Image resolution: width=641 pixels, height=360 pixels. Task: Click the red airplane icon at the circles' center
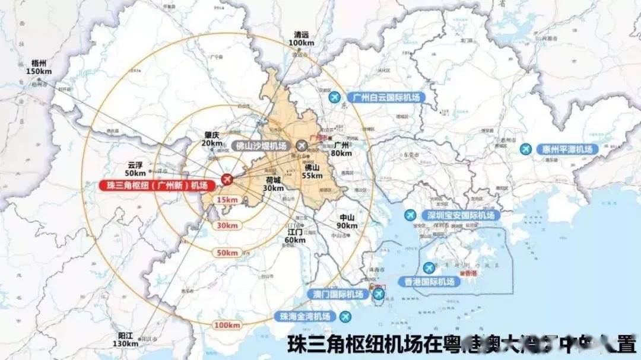(x=226, y=179)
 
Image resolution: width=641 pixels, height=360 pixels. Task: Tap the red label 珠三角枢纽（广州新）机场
(x=157, y=186)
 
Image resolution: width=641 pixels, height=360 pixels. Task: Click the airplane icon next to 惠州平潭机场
(x=525, y=149)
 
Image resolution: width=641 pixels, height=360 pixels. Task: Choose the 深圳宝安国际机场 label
(x=460, y=215)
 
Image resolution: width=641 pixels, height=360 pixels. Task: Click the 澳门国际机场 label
(x=338, y=294)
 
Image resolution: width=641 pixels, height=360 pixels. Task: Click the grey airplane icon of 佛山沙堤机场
(x=302, y=145)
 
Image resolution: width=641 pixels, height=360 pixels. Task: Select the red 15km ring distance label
(x=228, y=200)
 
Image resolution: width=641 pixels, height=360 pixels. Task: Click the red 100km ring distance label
(x=228, y=326)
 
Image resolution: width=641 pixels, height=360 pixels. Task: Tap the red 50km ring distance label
(x=227, y=253)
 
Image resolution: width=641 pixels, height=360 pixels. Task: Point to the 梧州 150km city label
(x=39, y=66)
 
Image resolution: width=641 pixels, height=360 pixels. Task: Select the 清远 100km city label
(x=301, y=39)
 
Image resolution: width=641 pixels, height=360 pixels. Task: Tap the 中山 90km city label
(x=347, y=221)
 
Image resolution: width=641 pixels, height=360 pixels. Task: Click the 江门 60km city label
(x=295, y=236)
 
